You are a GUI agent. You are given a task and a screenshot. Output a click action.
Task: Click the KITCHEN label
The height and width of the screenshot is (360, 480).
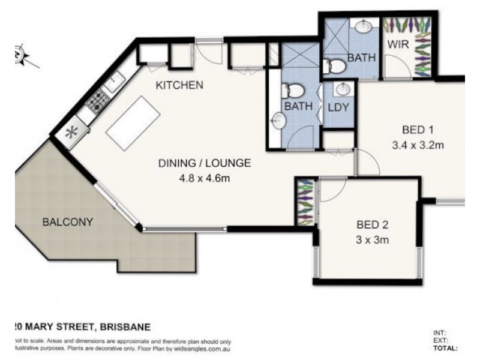tap(179, 85)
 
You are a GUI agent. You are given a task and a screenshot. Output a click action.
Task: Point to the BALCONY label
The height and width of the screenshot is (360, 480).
tap(67, 222)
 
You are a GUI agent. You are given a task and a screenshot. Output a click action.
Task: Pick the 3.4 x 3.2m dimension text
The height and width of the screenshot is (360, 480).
tap(418, 144)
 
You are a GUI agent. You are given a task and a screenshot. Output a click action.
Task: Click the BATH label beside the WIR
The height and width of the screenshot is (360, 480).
tap(362, 58)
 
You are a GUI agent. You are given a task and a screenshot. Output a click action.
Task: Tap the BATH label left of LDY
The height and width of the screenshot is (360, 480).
tap(298, 107)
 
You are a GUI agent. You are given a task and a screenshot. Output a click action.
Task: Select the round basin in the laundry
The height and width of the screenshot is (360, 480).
tap(343, 89)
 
